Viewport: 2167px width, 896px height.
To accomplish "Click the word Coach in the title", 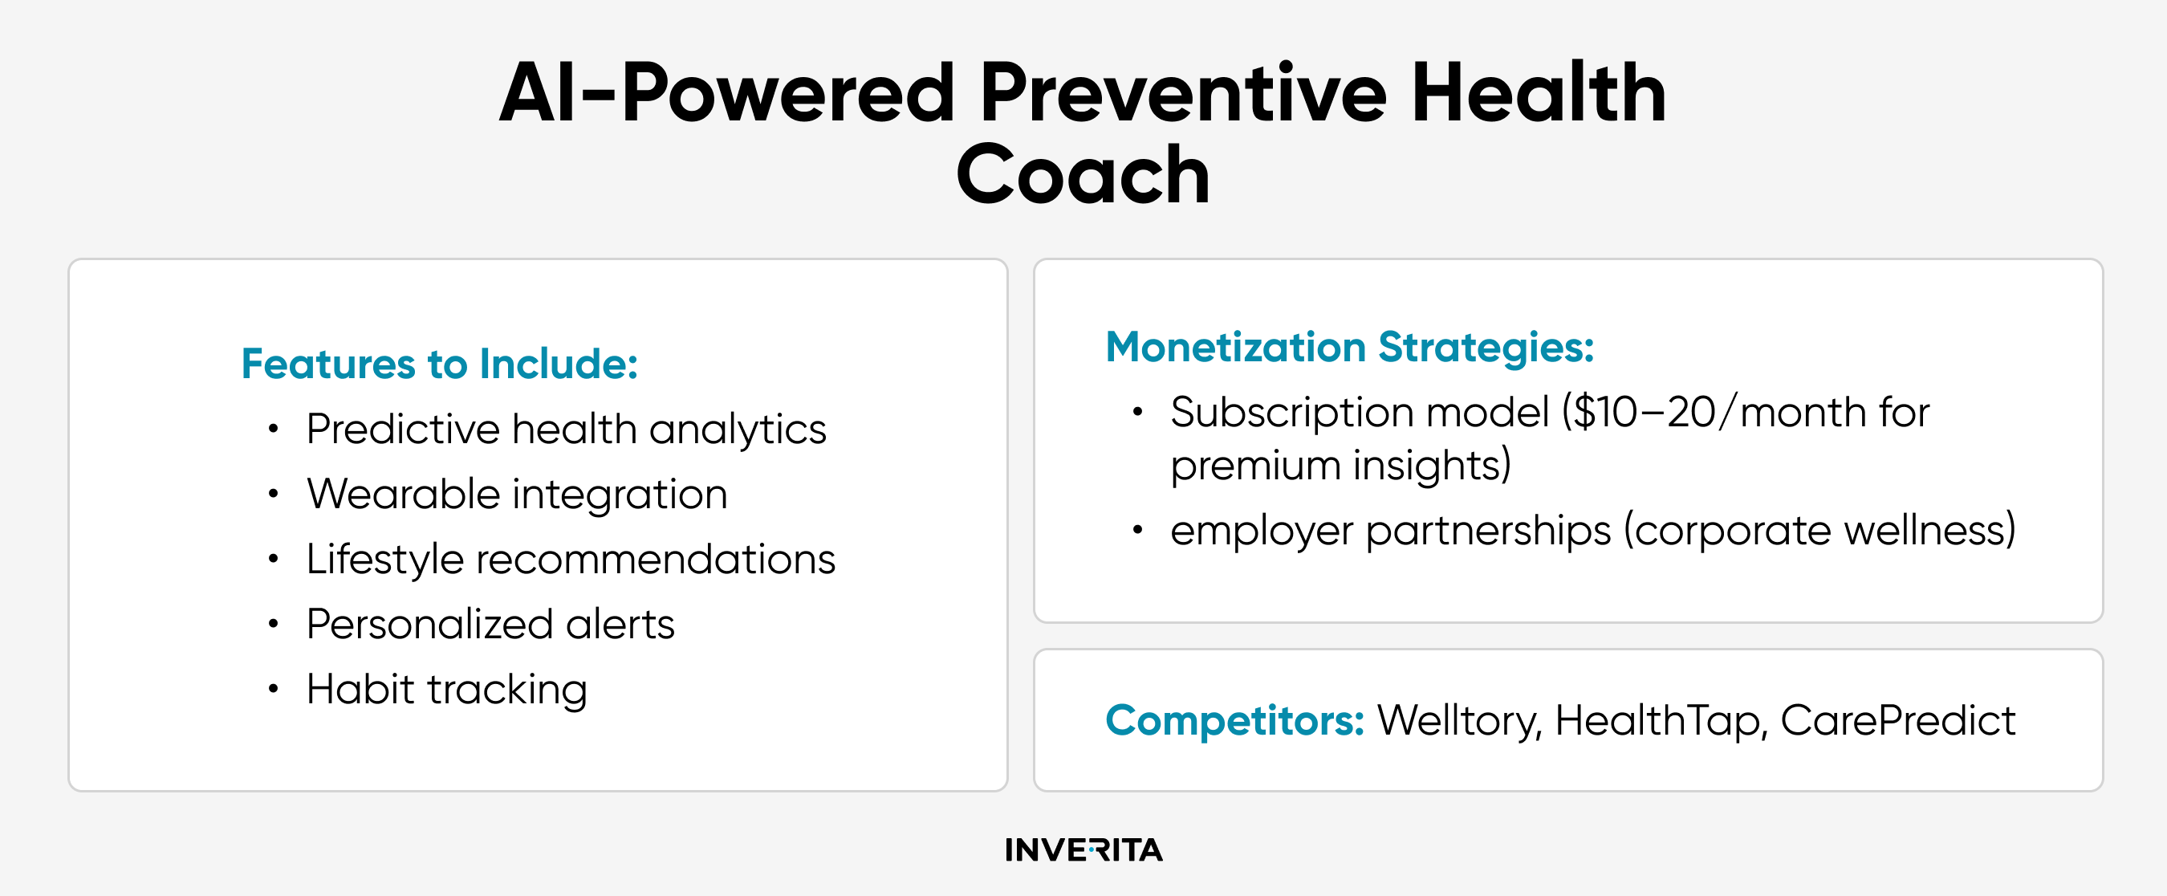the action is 1083,174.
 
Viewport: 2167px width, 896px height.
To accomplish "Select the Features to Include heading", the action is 440,364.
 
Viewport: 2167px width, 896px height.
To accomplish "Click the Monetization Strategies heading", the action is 1350,347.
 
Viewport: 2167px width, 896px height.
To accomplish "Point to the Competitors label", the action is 1235,720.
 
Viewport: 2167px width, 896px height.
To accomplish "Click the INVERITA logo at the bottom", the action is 1083,849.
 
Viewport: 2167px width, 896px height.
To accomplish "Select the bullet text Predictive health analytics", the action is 566,429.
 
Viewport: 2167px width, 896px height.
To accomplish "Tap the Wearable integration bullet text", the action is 518,494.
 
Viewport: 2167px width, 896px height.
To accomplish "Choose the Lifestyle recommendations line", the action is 571,559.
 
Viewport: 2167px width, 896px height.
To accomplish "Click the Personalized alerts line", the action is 490,625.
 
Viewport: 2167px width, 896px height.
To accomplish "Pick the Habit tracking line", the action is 447,689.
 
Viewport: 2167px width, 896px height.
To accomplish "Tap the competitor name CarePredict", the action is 1898,721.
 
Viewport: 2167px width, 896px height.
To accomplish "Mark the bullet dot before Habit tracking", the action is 273,689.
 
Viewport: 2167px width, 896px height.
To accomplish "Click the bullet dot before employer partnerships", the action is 1137,530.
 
